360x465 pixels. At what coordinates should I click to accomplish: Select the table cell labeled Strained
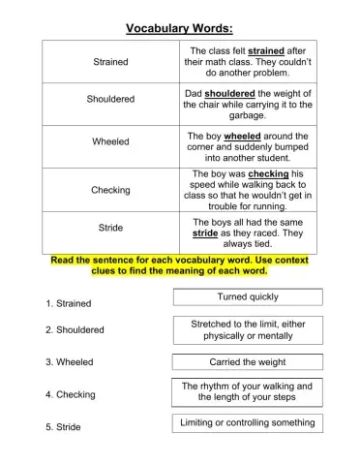(x=110, y=62)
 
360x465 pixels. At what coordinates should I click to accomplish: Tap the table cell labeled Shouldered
(x=110, y=100)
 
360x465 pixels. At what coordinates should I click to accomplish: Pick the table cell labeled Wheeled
(x=110, y=141)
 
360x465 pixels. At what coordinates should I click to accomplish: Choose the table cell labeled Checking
(x=110, y=190)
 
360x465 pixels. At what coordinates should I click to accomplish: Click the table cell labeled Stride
(x=110, y=228)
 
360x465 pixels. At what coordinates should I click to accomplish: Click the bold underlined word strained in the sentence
(x=269, y=51)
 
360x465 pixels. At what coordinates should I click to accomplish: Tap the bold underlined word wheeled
(x=243, y=137)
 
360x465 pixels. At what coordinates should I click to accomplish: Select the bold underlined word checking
(x=268, y=174)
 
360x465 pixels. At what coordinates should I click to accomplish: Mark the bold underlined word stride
(x=205, y=233)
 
